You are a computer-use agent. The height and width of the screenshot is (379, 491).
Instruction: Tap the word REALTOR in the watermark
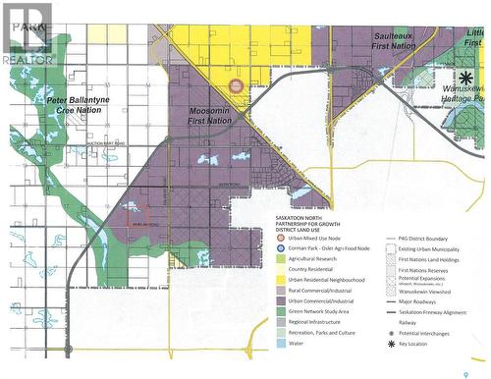(x=28, y=59)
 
